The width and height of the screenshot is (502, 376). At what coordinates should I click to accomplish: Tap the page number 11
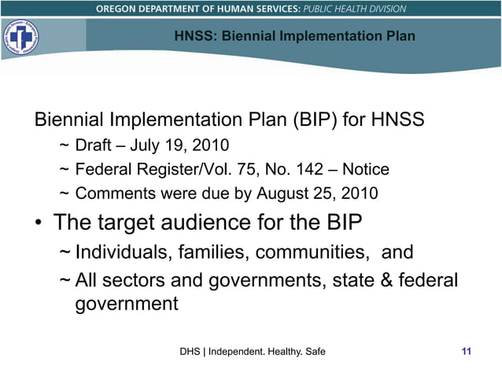coord(466,351)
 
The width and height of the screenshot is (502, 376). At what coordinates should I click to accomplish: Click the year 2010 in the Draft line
coord(209,146)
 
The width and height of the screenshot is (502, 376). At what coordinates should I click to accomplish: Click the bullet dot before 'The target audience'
coord(38,223)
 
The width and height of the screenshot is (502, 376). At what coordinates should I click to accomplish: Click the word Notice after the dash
coord(367,169)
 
